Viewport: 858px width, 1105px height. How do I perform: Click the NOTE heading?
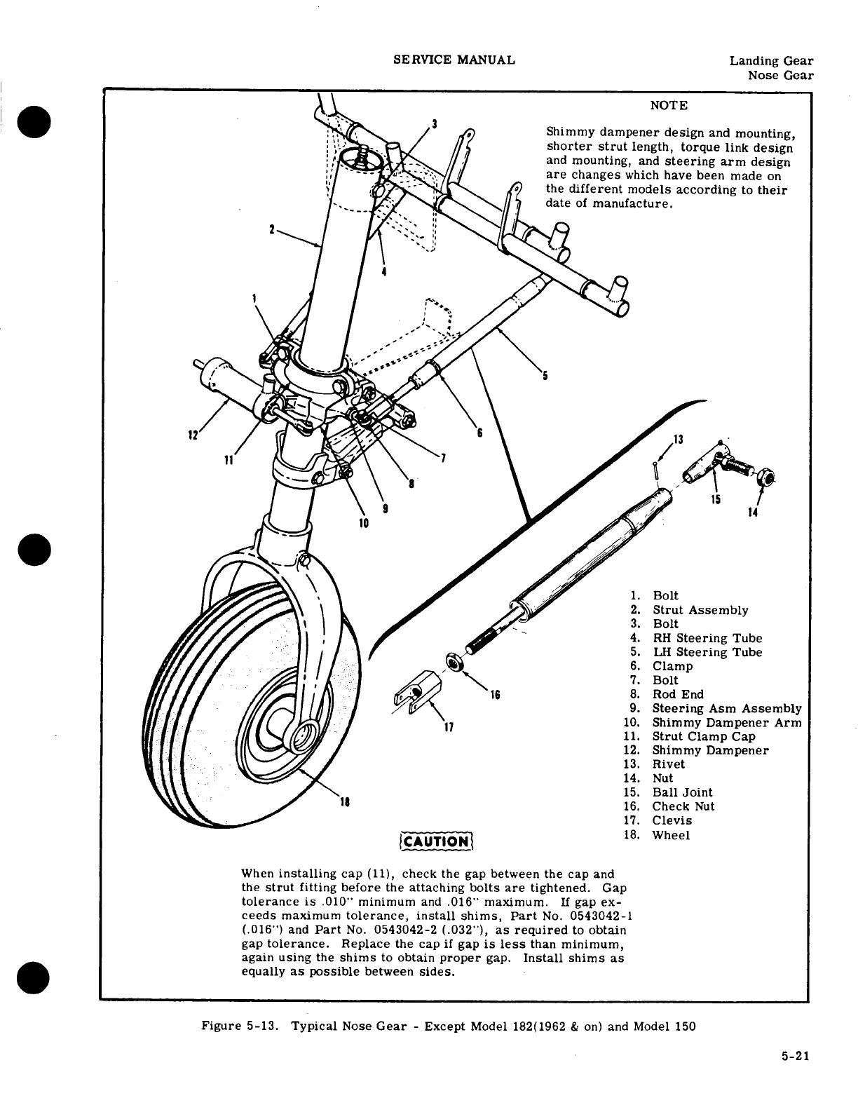tap(669, 106)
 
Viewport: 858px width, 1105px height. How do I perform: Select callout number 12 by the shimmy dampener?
tap(191, 436)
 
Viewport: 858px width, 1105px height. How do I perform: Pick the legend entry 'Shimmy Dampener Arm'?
tap(726, 723)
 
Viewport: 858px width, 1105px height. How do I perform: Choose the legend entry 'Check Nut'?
tap(683, 807)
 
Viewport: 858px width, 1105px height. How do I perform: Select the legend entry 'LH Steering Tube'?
tap(707, 653)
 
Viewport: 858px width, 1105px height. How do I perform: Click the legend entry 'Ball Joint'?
tap(682, 793)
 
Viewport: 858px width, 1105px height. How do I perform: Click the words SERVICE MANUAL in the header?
tap(454, 60)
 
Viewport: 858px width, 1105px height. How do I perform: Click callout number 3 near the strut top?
tap(435, 124)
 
